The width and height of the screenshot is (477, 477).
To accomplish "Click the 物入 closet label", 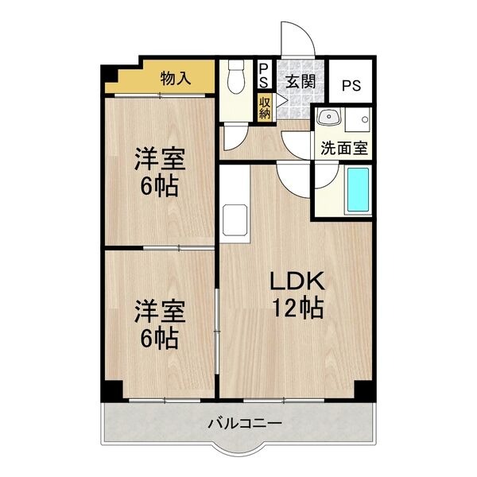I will tap(176, 78).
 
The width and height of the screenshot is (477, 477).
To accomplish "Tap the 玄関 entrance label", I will tap(301, 81).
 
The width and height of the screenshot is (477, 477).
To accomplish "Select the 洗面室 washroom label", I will tap(343, 147).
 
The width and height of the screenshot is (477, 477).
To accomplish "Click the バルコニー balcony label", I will tap(245, 422).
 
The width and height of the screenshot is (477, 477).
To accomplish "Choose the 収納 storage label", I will tap(265, 107).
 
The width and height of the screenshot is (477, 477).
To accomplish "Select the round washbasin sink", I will tap(328, 119).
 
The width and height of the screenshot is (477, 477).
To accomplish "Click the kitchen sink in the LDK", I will tap(236, 217).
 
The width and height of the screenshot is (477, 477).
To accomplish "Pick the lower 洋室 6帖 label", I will tap(160, 324).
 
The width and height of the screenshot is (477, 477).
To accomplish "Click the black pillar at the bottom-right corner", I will tap(363, 391).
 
